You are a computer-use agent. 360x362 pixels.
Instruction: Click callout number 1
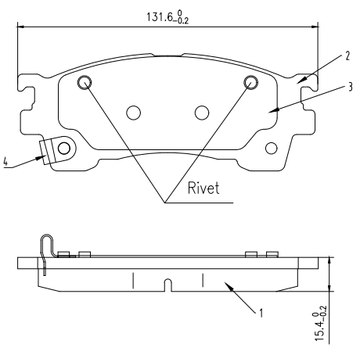(x=261, y=314)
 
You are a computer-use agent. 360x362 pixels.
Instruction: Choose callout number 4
(x=6, y=162)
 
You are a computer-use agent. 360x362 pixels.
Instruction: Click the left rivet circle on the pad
(x=85, y=82)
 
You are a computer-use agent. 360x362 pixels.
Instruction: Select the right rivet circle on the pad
(x=252, y=82)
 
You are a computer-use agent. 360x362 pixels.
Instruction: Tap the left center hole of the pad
(x=134, y=113)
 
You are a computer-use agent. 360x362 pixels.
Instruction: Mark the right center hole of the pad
(x=202, y=113)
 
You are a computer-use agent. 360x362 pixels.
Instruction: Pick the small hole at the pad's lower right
(x=272, y=148)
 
